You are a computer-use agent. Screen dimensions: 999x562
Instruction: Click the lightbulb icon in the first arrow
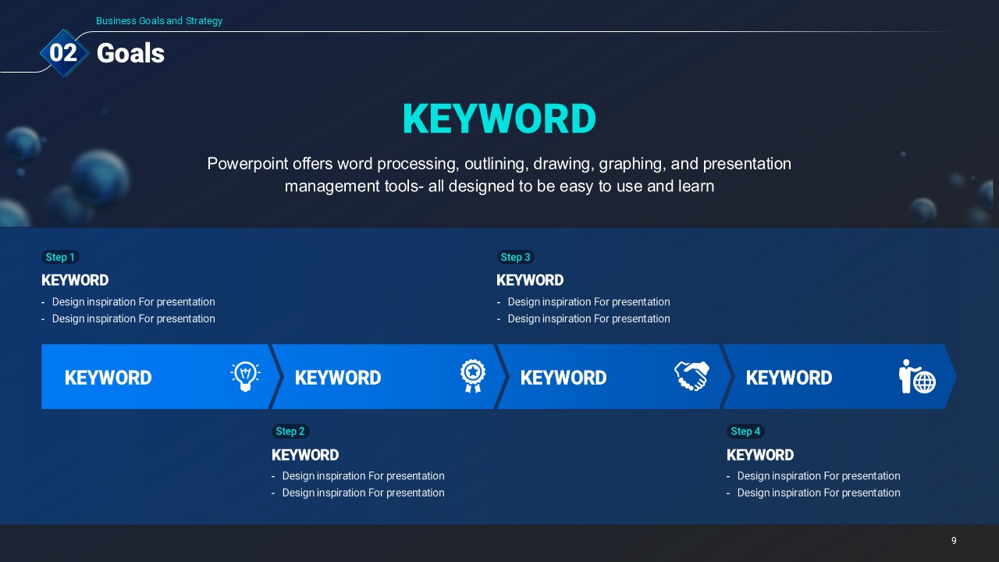point(245,376)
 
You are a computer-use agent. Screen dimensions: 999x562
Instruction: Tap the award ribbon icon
point(473,376)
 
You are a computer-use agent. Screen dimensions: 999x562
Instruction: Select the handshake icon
point(691,375)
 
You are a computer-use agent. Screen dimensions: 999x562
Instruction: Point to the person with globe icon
point(917,376)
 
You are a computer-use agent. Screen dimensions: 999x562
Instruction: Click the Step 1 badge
point(60,257)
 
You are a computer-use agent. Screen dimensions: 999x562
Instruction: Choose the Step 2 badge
point(290,432)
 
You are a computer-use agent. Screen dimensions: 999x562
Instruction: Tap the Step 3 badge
point(516,257)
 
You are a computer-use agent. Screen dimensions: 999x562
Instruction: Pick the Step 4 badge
point(745,432)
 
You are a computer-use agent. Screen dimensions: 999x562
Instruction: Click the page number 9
point(954,541)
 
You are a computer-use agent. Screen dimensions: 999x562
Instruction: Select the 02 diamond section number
point(64,52)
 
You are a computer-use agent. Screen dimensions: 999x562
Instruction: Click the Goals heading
point(130,53)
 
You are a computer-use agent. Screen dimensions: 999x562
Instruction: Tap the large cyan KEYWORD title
point(499,119)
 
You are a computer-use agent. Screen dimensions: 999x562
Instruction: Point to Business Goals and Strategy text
point(159,21)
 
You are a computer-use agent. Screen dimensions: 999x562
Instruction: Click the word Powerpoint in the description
point(247,164)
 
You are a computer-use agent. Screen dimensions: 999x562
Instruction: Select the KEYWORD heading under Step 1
point(75,280)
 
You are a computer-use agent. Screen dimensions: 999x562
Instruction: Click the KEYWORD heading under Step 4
point(760,455)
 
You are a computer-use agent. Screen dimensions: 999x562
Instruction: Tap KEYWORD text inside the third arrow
point(563,378)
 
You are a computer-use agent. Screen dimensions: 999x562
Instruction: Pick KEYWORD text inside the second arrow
point(338,378)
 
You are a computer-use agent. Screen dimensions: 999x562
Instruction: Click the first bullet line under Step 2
point(358,476)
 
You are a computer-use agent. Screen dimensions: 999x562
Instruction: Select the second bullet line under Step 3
point(583,319)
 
